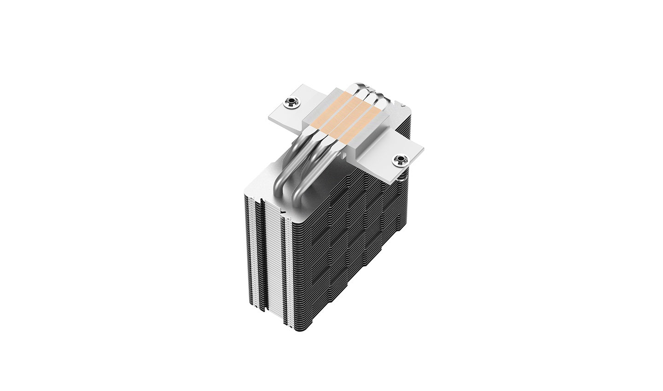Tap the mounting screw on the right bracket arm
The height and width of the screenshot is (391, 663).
400,160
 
